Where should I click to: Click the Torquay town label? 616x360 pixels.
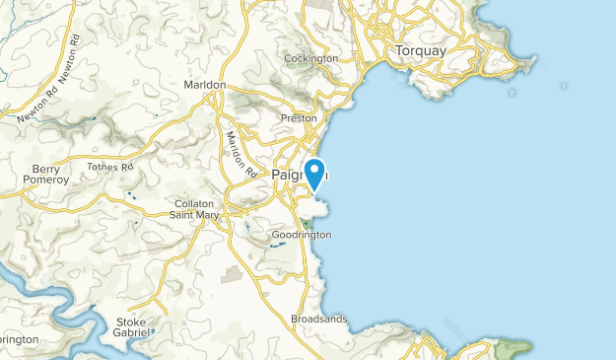420,50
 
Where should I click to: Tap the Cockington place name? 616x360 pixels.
310,58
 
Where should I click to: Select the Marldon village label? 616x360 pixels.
205,85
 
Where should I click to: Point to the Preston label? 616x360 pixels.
299,118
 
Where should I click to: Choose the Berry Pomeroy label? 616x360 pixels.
46,175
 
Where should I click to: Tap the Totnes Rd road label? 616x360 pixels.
109,168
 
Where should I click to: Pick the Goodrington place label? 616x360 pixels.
302,235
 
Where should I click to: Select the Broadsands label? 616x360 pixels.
319,319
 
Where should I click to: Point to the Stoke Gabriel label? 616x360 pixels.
132,327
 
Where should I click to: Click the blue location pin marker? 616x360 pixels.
315,173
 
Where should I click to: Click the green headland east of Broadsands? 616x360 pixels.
512,346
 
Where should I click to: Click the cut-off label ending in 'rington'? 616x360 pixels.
18,339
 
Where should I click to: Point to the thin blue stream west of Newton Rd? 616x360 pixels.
8,69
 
